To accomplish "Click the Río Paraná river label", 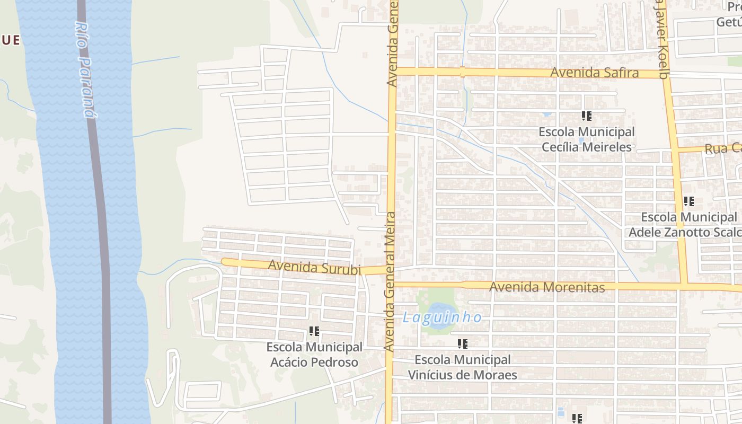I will click(85, 69).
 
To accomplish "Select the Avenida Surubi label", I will click(314, 267).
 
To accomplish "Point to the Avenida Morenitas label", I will click(547, 287).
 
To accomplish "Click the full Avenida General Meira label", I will click(390, 281).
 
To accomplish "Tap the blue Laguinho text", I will click(442, 317).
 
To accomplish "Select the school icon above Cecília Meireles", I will click(586, 116).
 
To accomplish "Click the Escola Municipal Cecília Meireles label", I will click(586, 139).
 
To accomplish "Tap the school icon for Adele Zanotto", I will click(688, 201).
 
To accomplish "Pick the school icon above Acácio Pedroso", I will click(314, 331).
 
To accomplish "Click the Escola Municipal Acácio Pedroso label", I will click(314, 355).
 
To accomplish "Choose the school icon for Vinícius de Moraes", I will click(463, 344).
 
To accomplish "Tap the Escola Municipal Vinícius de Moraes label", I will click(462, 367).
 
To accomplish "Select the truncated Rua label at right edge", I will click(722, 148).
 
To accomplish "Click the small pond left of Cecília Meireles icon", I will click(547, 114).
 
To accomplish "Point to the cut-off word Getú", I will click(729, 22).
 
